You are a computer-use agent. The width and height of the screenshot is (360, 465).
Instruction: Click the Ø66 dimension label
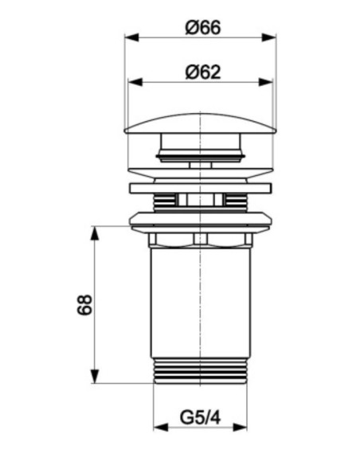(203, 28)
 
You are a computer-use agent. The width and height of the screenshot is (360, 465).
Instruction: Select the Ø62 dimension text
(203, 72)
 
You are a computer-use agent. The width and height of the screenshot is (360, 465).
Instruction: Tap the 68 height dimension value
(84, 305)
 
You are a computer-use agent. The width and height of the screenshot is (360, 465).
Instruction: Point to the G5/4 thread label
(200, 418)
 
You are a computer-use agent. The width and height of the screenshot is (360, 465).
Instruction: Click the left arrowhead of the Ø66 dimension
(131, 37)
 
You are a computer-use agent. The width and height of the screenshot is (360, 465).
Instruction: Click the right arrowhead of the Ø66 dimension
(269, 37)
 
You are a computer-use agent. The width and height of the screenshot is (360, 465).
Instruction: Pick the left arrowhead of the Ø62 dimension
(135, 82)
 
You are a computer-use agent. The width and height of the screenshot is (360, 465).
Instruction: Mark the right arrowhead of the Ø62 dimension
(265, 82)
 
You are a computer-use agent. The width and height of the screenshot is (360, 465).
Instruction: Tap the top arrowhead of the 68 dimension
(94, 233)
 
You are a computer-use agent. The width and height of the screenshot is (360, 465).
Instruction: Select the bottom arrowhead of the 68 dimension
(94, 376)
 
